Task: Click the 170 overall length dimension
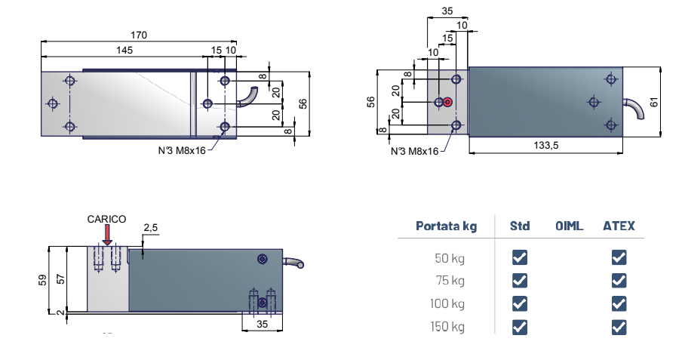tap(139, 35)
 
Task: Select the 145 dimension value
tap(124, 50)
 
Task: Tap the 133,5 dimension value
tap(546, 146)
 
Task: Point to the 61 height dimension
tap(654, 103)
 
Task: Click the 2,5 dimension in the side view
tap(150, 228)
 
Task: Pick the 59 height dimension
tap(42, 280)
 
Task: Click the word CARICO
tap(106, 219)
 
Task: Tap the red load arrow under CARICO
tap(107, 235)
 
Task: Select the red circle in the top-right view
tap(447, 103)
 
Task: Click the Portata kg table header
tap(447, 226)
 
